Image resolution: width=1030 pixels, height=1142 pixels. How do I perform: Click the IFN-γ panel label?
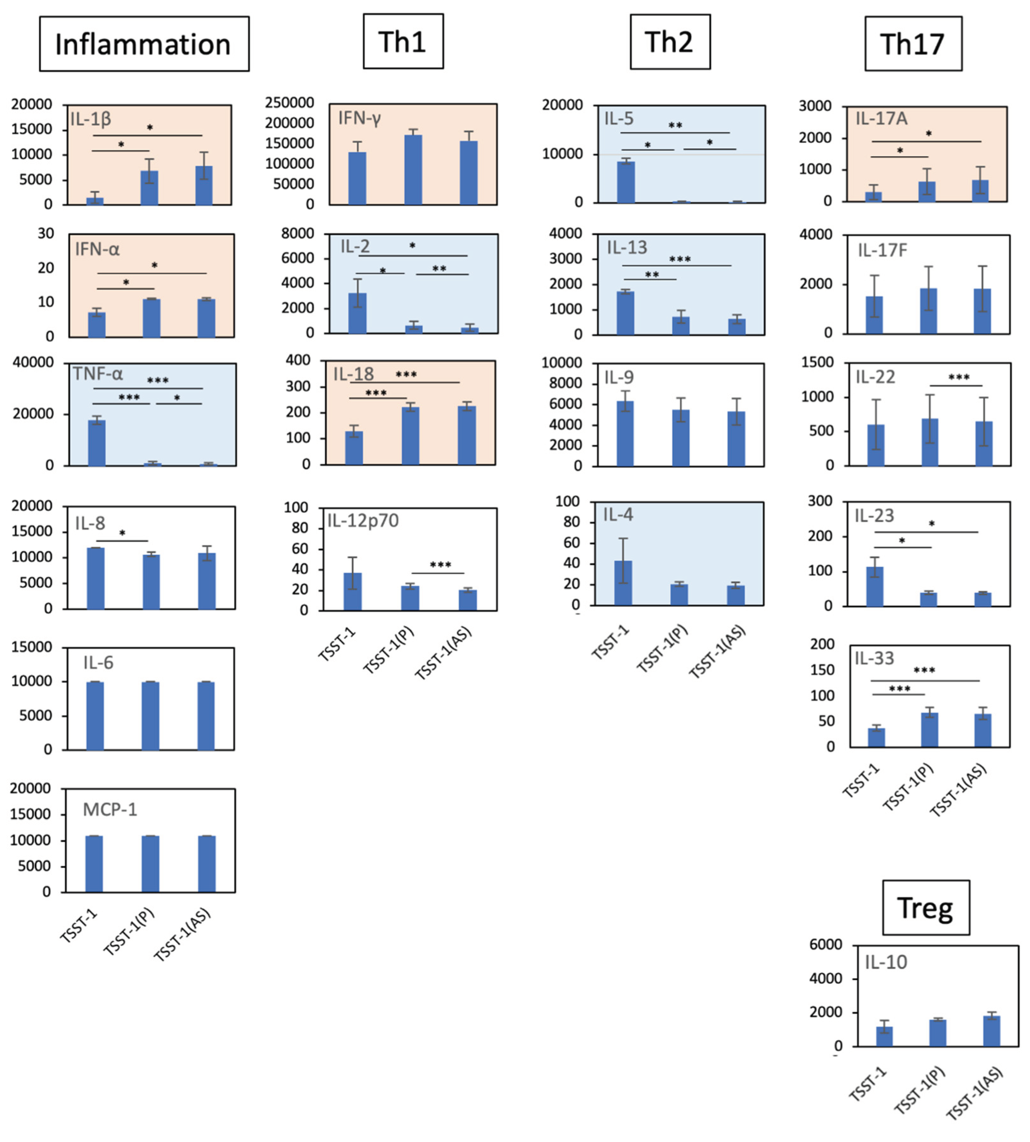pyautogui.click(x=360, y=118)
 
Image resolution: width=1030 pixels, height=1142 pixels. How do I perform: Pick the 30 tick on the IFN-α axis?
pyautogui.click(x=46, y=234)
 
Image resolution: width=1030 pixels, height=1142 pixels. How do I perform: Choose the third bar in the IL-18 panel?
pyautogui.click(x=467, y=435)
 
